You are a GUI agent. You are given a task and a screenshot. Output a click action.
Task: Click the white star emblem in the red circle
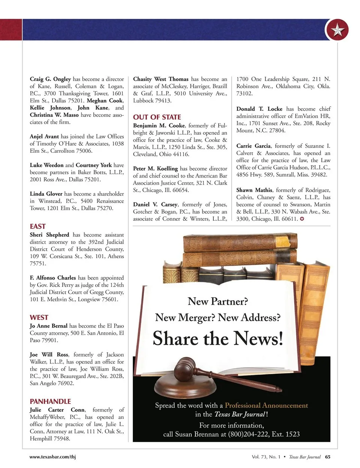click(337, 30)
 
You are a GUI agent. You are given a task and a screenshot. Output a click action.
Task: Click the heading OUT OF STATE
click(157, 117)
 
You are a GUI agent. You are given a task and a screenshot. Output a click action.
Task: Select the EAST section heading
click(37, 226)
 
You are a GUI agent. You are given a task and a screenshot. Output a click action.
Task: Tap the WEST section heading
click(39, 318)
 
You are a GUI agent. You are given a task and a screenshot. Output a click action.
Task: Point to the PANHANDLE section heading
click(50, 401)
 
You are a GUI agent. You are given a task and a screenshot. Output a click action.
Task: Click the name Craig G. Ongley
click(50, 79)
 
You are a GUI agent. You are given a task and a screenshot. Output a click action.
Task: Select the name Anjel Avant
click(44, 137)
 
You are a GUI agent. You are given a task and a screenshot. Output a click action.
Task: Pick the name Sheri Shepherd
click(49, 235)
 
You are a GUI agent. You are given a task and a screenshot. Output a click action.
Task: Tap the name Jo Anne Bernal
click(49, 326)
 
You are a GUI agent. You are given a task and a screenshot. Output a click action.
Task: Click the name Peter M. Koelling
click(155, 169)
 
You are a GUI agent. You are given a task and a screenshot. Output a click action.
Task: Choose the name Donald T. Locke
click(259, 109)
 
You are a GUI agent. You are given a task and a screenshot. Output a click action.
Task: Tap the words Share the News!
click(218, 339)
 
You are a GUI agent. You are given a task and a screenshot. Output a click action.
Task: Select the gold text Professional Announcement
click(266, 405)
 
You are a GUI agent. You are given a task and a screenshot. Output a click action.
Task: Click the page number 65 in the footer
click(328, 457)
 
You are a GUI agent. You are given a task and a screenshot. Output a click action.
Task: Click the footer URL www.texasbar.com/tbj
click(52, 457)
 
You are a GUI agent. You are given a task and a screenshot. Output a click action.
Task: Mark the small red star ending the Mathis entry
click(302, 219)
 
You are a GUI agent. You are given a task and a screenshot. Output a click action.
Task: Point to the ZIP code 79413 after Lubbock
click(162, 101)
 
